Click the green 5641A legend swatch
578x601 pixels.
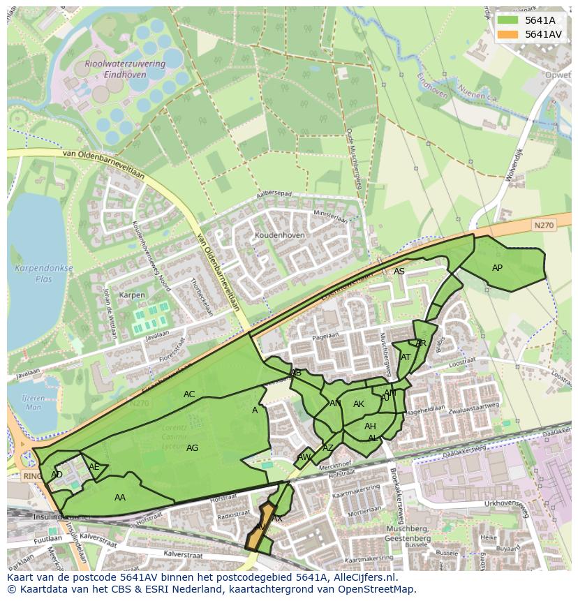point(507,20)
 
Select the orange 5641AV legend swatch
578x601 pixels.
point(507,34)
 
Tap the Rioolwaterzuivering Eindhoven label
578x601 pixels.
point(125,68)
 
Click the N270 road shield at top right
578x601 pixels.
point(543,225)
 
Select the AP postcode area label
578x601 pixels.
point(497,268)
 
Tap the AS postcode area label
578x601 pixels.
point(399,272)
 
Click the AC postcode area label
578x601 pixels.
point(189,394)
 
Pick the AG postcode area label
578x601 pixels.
point(193,448)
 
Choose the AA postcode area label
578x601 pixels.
point(120,498)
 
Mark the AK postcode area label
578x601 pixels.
point(359,404)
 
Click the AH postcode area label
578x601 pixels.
point(370,426)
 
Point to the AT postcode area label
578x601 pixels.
point(406,357)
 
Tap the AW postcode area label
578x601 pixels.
point(303,457)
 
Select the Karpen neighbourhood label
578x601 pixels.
point(132,295)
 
